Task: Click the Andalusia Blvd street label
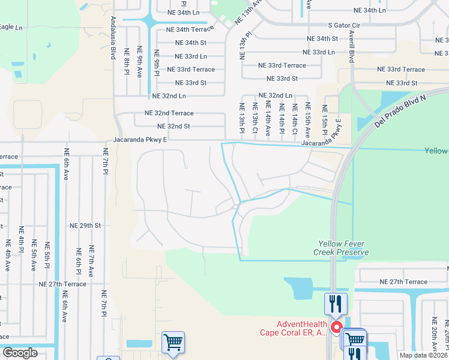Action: point(112,37)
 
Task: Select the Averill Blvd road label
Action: point(349,49)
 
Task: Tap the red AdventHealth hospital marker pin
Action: point(337,328)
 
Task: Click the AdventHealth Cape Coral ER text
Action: point(293,328)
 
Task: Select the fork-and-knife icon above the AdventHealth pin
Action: point(335,303)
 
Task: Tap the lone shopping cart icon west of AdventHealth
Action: point(173,342)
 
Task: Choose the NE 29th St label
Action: point(85,226)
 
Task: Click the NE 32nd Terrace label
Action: point(169,113)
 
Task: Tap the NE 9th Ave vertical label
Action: point(140,62)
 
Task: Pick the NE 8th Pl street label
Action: point(127,62)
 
